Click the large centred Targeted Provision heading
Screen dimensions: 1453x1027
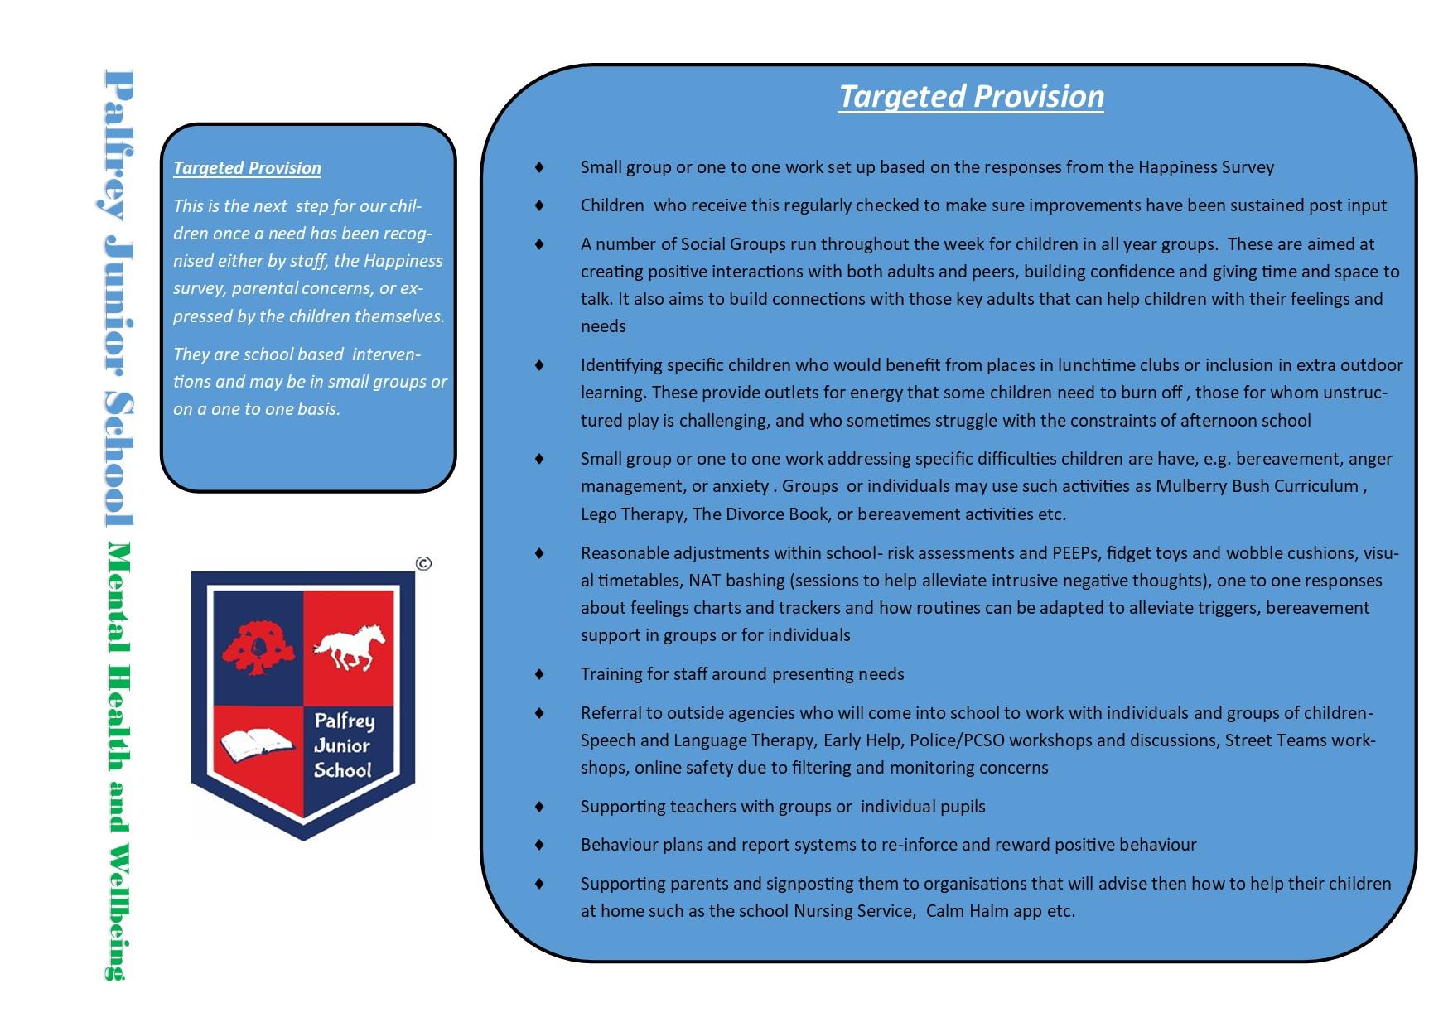[971, 97]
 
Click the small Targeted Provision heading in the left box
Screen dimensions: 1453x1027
[247, 168]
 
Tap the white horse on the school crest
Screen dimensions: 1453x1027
[350, 646]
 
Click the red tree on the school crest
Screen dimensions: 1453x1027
[258, 647]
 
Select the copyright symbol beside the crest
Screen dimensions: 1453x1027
[423, 564]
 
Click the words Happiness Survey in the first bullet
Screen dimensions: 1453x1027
[1205, 167]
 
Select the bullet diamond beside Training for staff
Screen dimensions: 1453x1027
[540, 674]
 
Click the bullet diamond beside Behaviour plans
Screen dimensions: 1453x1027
[540, 845]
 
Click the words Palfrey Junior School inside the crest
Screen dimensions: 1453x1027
[342, 745]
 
